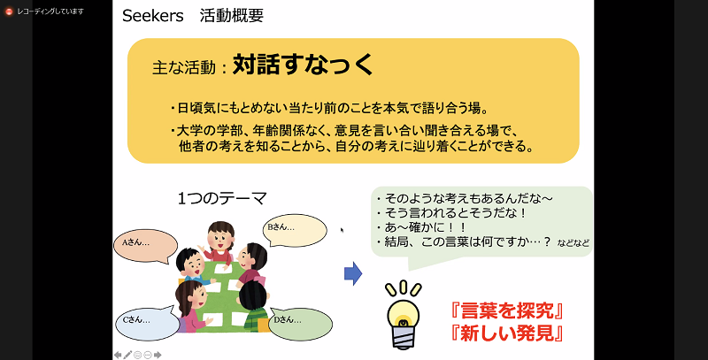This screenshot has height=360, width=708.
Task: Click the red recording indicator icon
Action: point(9,11)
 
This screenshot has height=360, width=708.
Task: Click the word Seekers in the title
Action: point(152,16)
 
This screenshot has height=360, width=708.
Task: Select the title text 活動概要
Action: point(232,16)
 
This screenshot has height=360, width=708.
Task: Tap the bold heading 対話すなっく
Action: point(303,65)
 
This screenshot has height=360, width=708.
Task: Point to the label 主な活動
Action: point(184,67)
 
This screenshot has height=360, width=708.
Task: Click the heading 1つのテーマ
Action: point(222,198)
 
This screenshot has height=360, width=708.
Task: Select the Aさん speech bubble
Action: point(145,246)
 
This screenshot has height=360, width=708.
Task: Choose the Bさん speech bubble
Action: point(295,230)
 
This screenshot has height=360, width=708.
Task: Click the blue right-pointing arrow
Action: point(353,273)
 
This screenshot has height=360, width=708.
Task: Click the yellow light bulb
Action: point(404,315)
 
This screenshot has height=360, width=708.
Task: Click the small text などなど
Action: point(573,243)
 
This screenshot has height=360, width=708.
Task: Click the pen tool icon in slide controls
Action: point(127,355)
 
